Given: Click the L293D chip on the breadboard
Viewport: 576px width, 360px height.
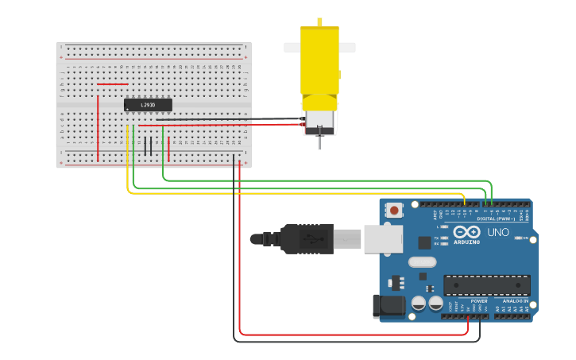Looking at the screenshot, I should pyautogui.click(x=148, y=105).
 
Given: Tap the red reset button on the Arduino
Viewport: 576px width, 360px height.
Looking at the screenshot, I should pyautogui.click(x=394, y=211).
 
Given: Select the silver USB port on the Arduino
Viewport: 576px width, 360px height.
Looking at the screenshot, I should pyautogui.click(x=383, y=238).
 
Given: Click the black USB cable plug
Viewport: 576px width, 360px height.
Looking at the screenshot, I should pyautogui.click(x=307, y=238).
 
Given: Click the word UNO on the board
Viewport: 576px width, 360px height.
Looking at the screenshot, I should pyautogui.click(x=498, y=232).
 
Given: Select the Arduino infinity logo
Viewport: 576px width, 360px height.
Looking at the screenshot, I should pyautogui.click(x=467, y=232).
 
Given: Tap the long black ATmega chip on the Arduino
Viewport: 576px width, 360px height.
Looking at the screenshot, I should pyautogui.click(x=486, y=285).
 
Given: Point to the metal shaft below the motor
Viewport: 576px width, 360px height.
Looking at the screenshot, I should pyautogui.click(x=319, y=142).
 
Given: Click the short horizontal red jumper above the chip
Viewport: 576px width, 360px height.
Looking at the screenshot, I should pyautogui.click(x=112, y=84).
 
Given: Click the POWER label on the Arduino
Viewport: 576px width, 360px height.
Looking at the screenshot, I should pyautogui.click(x=479, y=301).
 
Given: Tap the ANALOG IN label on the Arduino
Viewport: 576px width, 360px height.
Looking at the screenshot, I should pyautogui.click(x=515, y=301).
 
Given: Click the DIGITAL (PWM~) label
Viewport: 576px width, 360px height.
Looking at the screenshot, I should pyautogui.click(x=494, y=219).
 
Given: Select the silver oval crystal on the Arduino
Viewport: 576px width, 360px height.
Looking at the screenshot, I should pyautogui.click(x=423, y=261).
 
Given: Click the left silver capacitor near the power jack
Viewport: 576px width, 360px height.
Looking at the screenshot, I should pyautogui.click(x=419, y=304).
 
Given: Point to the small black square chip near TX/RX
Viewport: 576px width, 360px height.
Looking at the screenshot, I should pyautogui.click(x=425, y=242).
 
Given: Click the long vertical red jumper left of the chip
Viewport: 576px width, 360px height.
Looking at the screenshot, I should pyautogui.click(x=98, y=127).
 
